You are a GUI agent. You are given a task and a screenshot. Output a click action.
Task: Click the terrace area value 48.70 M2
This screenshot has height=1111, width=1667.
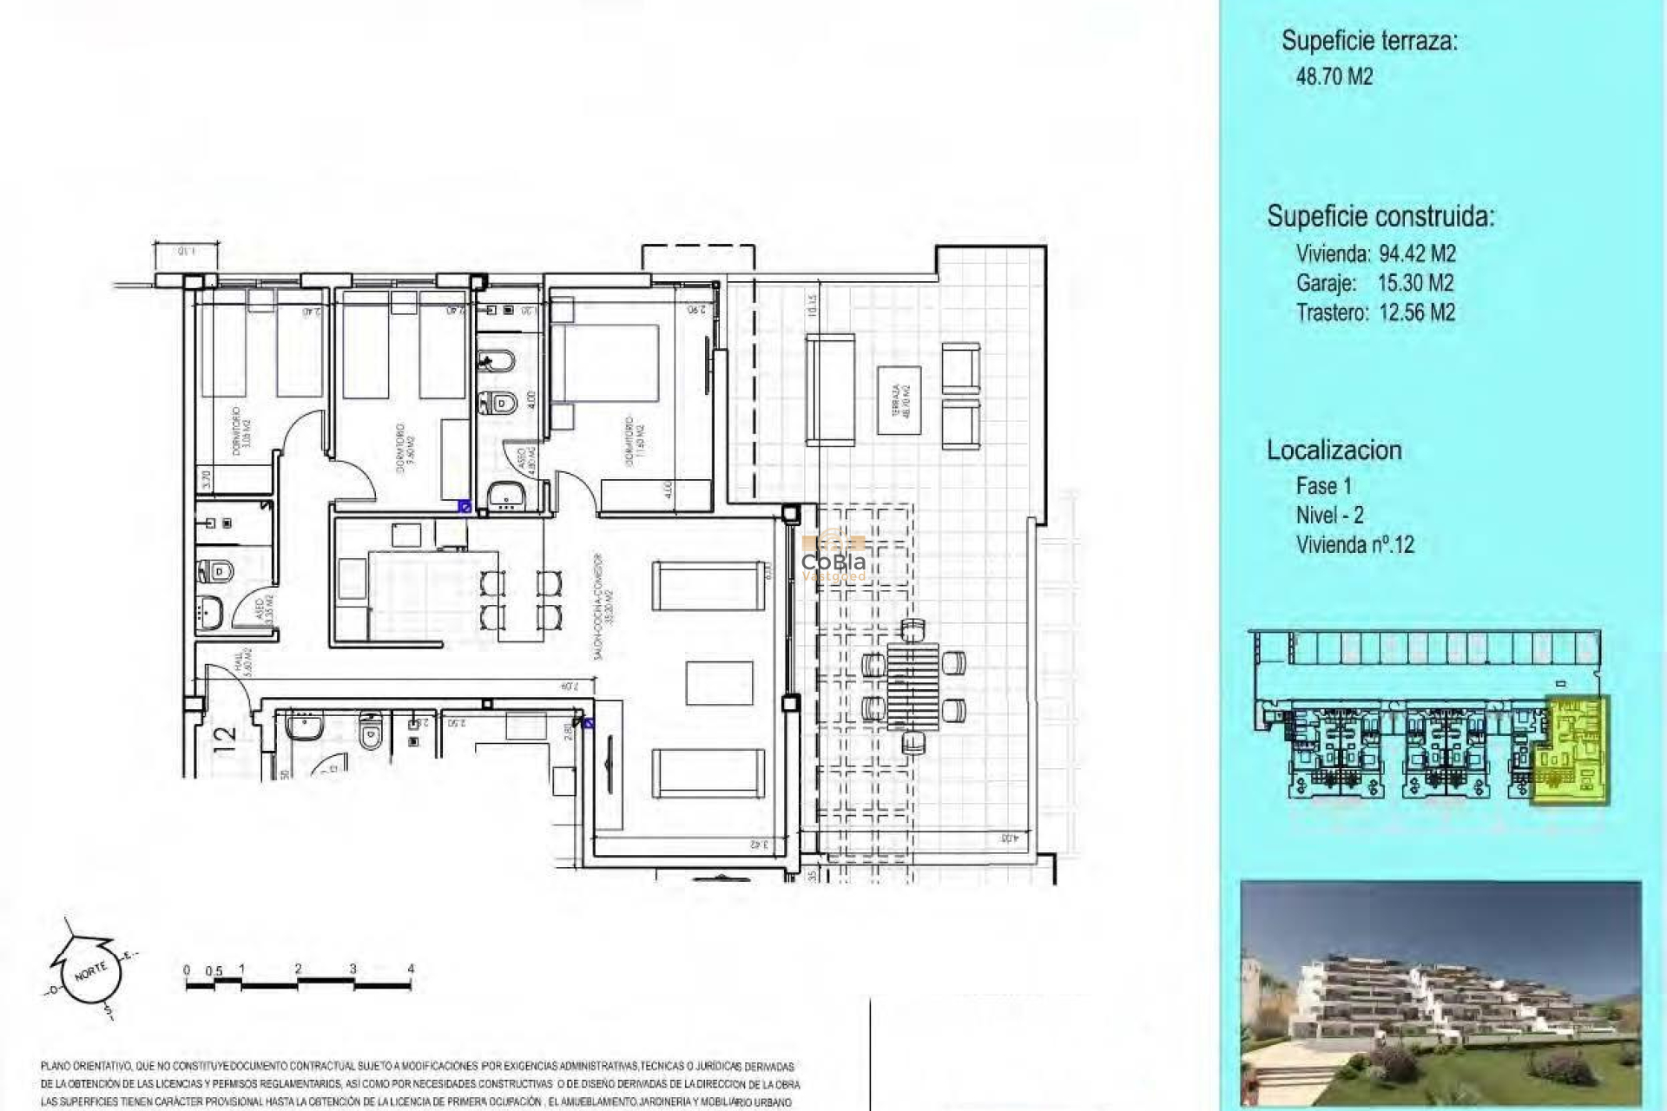[1334, 76]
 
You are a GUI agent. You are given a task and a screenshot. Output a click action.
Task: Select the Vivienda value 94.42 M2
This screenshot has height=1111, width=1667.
[1417, 254]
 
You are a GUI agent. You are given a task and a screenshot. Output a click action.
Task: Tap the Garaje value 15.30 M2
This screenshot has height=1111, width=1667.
[1415, 283]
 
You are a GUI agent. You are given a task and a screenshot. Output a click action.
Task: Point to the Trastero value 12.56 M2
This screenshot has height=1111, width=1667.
[1416, 312]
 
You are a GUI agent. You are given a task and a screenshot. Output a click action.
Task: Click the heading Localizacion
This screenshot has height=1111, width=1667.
[1334, 450]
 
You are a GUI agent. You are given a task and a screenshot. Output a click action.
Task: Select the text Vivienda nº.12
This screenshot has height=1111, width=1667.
[1354, 545]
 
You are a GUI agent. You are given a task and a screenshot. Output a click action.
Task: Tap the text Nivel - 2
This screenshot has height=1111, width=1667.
[1329, 516]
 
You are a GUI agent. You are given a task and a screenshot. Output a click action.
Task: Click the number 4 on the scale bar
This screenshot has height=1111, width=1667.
[410, 969]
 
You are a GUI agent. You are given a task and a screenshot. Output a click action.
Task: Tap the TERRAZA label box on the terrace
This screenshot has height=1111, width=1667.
[899, 400]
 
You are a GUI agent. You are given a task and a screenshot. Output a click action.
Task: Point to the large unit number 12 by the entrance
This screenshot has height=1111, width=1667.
[224, 738]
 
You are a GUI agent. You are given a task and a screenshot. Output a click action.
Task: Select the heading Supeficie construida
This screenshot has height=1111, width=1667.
[1380, 216]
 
